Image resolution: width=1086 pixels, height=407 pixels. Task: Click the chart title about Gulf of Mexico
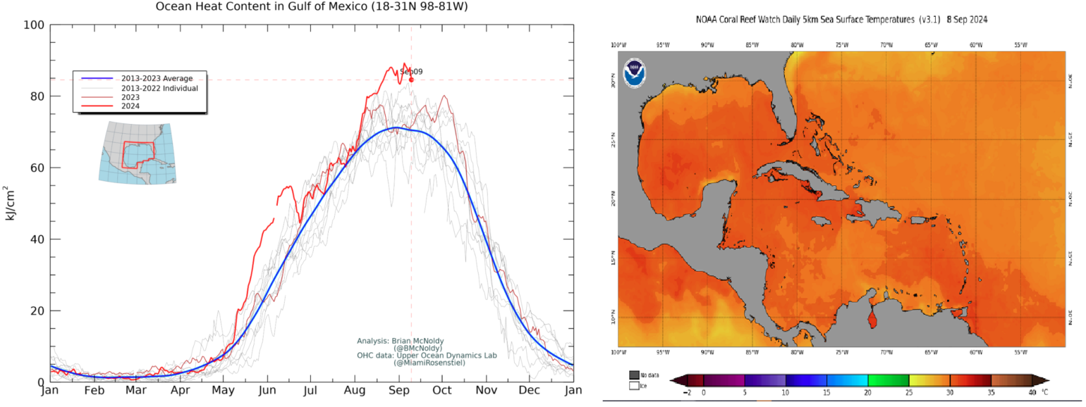tap(312, 7)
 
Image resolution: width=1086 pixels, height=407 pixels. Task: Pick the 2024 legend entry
tap(130, 106)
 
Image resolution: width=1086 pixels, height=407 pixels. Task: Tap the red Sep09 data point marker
tap(411, 80)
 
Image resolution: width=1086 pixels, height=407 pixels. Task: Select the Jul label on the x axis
tap(311, 390)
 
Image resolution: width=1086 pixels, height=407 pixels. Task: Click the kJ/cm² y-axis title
tap(11, 203)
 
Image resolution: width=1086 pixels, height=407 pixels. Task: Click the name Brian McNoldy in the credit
tap(418, 341)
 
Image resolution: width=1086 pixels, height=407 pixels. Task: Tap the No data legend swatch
tap(634, 375)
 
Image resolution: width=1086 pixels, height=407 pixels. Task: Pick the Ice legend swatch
tap(634, 386)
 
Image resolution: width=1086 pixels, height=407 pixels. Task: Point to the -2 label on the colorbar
tap(686, 392)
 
